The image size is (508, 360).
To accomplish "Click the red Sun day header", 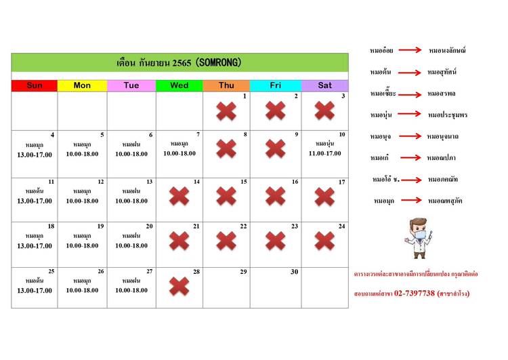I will (34, 85).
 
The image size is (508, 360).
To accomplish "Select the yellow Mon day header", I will (82, 85).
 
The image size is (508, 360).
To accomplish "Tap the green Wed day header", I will (179, 85).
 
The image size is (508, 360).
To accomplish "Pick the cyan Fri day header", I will (276, 85).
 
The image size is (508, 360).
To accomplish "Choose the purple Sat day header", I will (325, 85).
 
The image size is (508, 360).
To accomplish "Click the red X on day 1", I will (226, 111).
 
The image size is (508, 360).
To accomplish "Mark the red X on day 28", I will (179, 286).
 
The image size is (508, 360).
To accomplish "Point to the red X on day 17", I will (324, 197).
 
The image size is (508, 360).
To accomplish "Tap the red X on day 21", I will (179, 241).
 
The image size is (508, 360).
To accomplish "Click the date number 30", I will (294, 272).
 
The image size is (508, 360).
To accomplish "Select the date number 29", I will (243, 272).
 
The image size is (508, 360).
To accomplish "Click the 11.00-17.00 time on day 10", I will (324, 153).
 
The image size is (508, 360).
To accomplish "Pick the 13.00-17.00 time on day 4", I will (34, 155).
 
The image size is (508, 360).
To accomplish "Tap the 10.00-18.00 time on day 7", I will (179, 153).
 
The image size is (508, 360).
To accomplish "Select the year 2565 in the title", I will (177, 62).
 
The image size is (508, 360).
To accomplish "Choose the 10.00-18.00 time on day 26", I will (82, 290).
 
